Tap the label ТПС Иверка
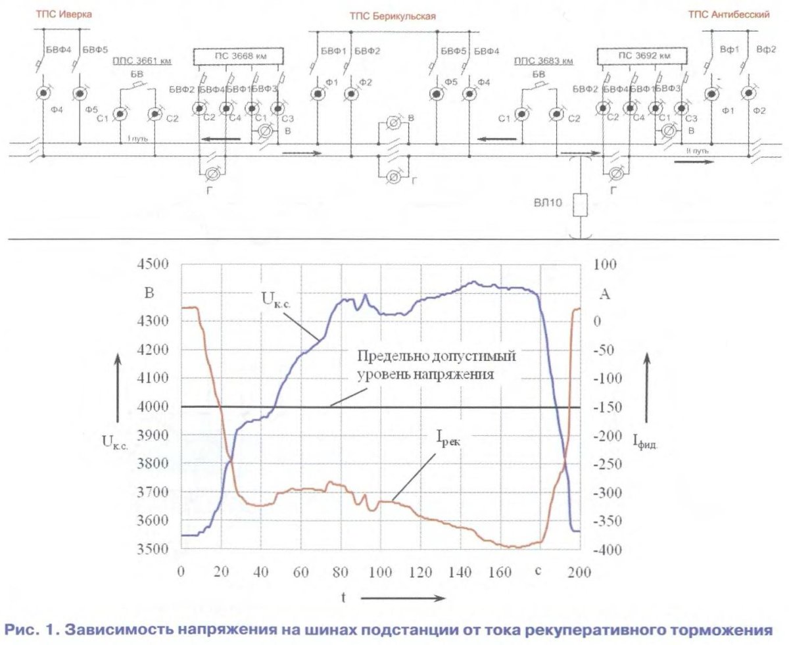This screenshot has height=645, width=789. (64, 14)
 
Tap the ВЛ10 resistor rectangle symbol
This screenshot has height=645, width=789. (579, 205)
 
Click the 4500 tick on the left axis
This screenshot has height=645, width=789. (155, 264)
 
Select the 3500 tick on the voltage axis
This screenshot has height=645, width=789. (155, 549)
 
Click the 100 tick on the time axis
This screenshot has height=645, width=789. (381, 571)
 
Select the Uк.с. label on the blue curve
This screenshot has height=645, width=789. (277, 299)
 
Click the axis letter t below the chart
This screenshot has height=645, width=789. (343, 598)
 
